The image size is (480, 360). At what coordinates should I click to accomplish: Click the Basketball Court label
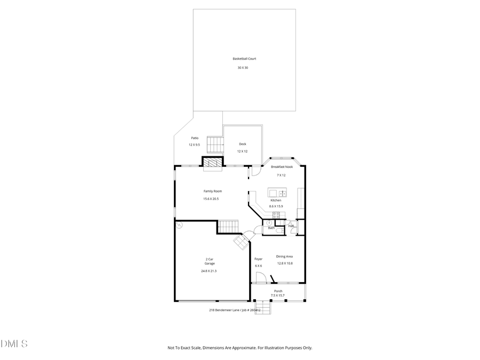click(x=244, y=59)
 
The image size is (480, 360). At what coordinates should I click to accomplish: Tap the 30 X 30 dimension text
click(x=243, y=68)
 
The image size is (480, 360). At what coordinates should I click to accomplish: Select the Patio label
click(x=195, y=138)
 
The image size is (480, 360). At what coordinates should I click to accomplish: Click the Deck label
click(x=242, y=144)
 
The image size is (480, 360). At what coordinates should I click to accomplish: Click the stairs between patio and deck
click(x=214, y=145)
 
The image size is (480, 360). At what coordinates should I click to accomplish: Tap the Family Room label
click(x=212, y=191)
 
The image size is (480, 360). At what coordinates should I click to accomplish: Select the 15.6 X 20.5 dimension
click(x=211, y=199)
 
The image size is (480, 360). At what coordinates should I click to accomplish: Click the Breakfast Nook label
click(x=281, y=167)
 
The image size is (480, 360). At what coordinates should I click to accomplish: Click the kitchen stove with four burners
click(x=276, y=215)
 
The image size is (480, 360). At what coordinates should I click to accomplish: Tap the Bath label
click(x=271, y=228)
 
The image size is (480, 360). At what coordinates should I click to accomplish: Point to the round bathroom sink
click(x=269, y=222)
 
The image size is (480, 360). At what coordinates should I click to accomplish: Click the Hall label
click(x=291, y=226)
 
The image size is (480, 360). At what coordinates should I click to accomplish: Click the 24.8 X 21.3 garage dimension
click(x=209, y=271)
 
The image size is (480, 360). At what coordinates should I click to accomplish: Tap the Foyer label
click(x=258, y=259)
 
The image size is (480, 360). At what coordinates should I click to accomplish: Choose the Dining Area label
click(x=284, y=256)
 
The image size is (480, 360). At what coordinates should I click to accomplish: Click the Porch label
click(x=278, y=291)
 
